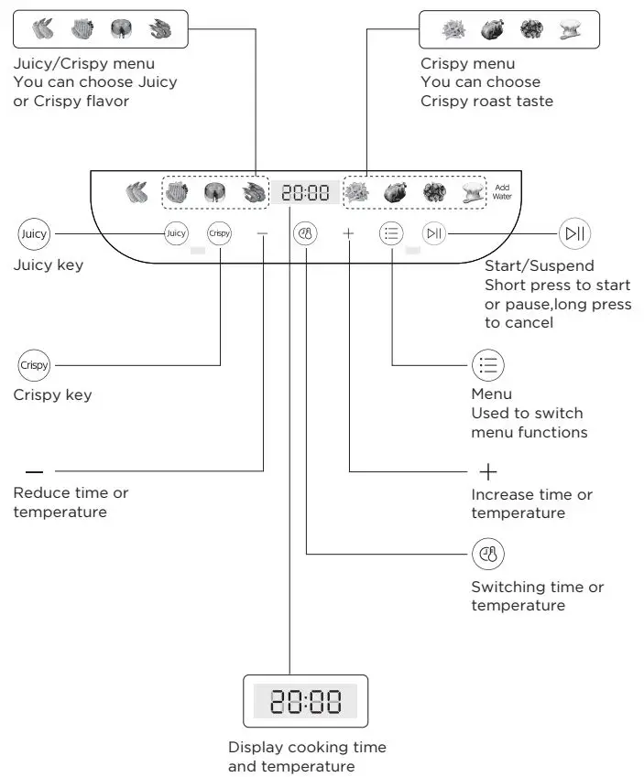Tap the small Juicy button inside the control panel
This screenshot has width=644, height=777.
click(x=176, y=233)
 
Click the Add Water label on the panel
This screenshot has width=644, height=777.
click(x=501, y=191)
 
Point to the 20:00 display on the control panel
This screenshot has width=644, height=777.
click(x=305, y=193)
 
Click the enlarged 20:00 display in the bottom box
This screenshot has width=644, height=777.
click(x=305, y=702)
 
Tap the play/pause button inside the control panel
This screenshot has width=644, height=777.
click(x=433, y=233)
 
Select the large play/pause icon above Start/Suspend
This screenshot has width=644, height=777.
click(x=574, y=233)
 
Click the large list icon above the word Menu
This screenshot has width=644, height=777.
click(x=487, y=366)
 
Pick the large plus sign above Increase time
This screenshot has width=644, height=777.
click(x=487, y=472)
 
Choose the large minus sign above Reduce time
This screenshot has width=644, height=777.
click(x=34, y=472)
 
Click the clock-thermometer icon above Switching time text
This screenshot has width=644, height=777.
click(x=487, y=554)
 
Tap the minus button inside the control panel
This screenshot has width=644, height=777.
click(x=263, y=234)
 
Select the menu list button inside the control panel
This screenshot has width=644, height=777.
click(x=391, y=233)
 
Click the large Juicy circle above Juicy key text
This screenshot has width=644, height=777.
click(x=34, y=233)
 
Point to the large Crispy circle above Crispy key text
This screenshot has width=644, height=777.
click(x=34, y=365)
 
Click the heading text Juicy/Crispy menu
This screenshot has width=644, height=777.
click(x=83, y=63)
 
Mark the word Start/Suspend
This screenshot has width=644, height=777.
click(x=539, y=265)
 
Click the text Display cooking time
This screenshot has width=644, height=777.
click(x=307, y=747)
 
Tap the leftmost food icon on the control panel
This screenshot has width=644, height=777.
click(x=136, y=193)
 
